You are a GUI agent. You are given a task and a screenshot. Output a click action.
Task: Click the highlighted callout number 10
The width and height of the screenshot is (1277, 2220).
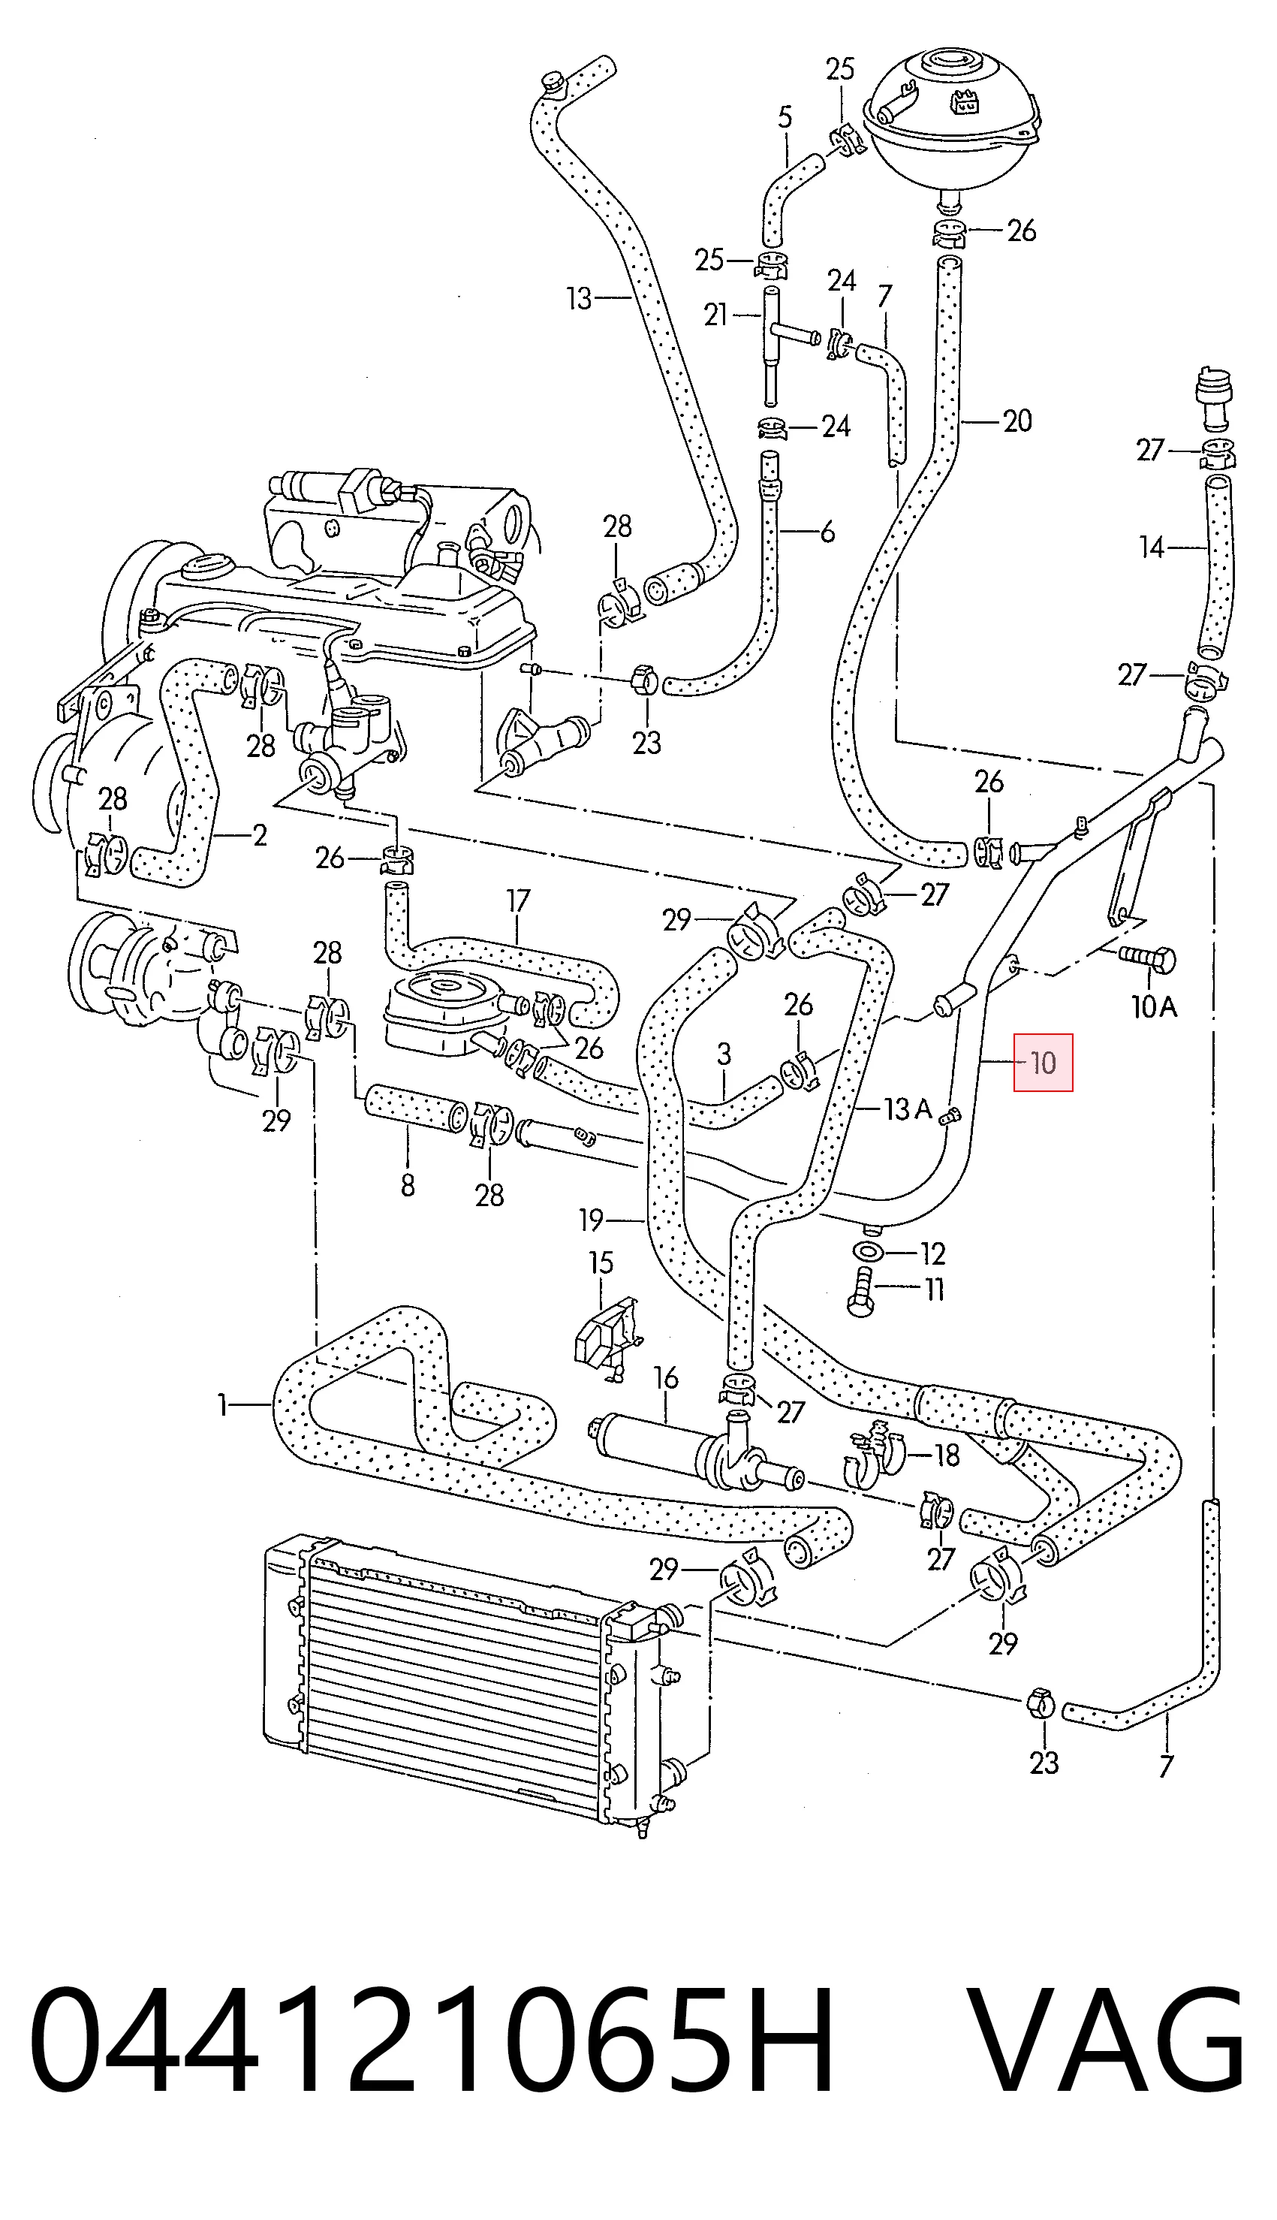(x=1043, y=1063)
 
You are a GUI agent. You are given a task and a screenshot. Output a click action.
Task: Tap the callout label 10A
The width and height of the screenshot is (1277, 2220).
(x=1153, y=1006)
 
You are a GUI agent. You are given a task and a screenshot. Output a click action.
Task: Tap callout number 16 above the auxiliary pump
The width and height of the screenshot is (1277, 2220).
(x=667, y=1378)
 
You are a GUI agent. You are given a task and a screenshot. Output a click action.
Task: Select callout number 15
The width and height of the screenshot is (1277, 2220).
(x=601, y=1263)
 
